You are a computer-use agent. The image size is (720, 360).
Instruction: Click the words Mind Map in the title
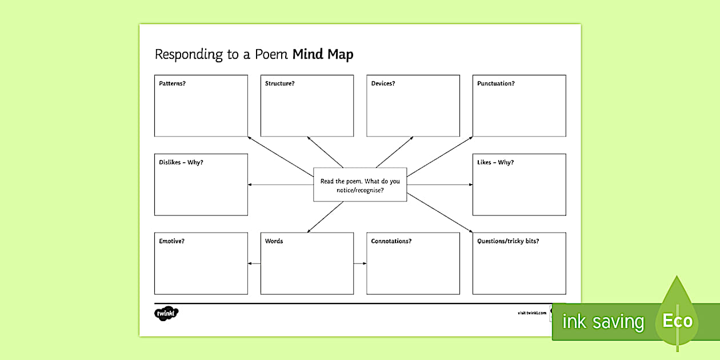click(x=323, y=54)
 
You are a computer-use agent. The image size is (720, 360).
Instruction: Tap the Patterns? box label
click(x=172, y=83)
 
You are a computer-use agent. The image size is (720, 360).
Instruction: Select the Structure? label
click(x=279, y=83)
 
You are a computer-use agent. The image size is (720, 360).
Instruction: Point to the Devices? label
click(x=383, y=83)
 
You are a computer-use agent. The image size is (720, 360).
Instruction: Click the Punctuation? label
click(x=495, y=83)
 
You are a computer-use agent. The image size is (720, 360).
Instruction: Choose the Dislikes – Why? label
click(x=181, y=162)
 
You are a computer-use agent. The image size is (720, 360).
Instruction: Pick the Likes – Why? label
click(x=495, y=162)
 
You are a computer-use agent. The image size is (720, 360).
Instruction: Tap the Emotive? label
click(x=171, y=241)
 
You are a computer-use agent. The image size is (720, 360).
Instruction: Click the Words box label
click(x=274, y=241)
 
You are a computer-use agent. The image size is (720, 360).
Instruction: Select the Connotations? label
click(x=391, y=241)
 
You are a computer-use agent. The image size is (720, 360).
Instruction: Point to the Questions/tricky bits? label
click(x=508, y=241)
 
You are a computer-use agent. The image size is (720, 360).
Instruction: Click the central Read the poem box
click(x=360, y=185)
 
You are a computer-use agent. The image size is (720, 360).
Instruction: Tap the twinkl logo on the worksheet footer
click(x=166, y=313)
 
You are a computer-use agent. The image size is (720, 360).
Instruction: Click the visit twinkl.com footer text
click(x=531, y=313)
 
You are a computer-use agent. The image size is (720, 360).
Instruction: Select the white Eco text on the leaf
click(x=677, y=321)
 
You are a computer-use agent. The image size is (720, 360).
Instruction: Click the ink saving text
click(x=602, y=322)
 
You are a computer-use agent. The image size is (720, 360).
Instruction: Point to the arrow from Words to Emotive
click(x=254, y=263)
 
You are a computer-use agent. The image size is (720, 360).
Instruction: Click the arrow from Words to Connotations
click(x=360, y=263)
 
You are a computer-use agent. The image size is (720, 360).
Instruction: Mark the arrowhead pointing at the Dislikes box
click(x=250, y=185)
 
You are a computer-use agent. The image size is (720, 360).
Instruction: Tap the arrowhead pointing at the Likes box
click(x=470, y=185)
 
